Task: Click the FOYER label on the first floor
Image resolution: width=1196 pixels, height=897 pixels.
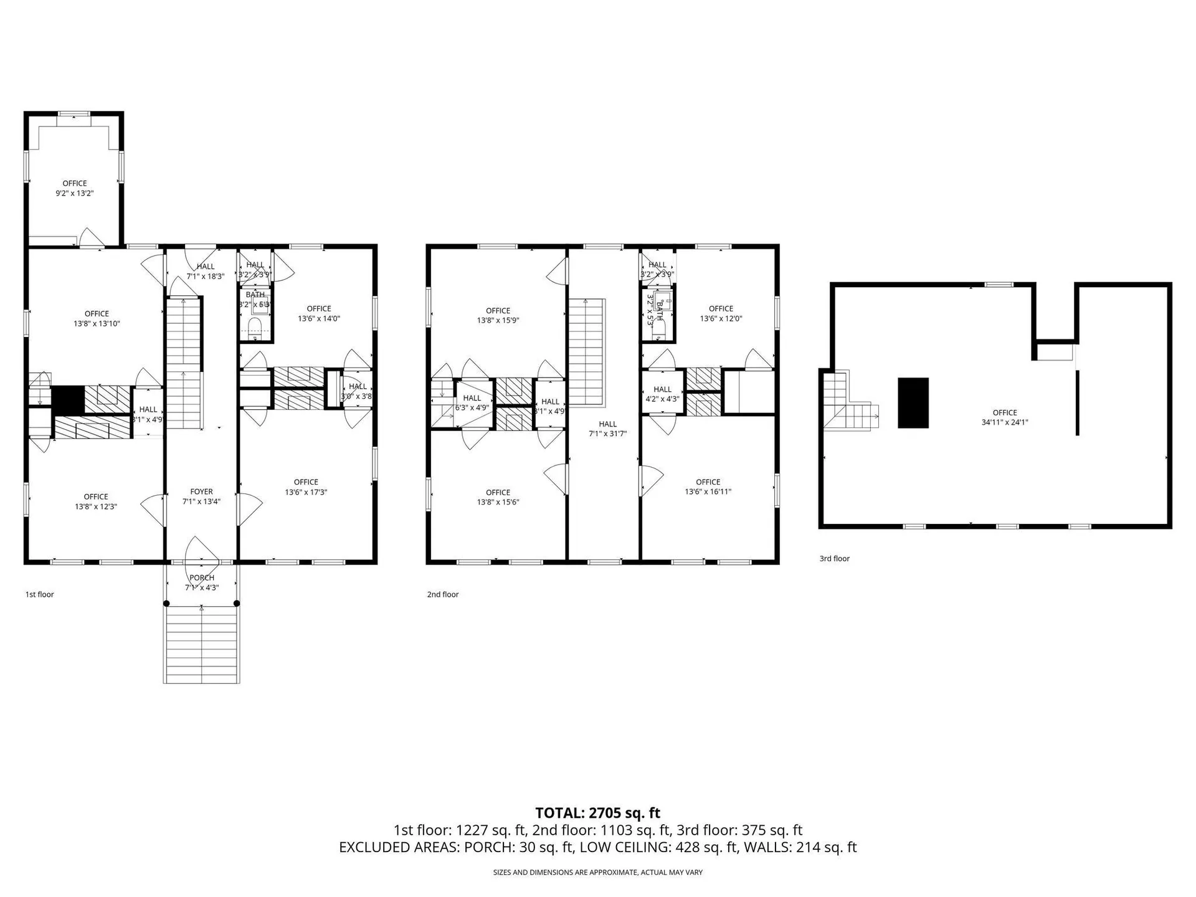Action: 201,491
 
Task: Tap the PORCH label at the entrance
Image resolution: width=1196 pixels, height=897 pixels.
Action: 201,577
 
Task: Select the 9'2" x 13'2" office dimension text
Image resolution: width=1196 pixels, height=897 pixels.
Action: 74,193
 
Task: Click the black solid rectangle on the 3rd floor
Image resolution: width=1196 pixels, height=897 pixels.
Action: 913,402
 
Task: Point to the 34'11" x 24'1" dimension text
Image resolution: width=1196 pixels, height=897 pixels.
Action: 1004,422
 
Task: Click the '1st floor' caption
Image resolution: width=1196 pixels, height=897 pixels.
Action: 39,594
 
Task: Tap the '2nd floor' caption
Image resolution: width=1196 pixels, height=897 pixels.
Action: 442,594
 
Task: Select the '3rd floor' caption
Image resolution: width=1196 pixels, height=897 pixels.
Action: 834,559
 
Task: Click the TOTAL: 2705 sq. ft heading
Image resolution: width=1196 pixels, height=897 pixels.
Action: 597,812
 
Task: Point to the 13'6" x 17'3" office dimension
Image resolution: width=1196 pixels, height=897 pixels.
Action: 306,492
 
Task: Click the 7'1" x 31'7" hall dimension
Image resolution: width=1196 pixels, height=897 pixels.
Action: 607,434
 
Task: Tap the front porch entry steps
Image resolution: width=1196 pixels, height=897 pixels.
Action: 201,644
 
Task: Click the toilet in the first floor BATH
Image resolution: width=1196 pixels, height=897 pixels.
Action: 255,326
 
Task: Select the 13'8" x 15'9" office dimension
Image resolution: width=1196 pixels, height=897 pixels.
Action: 498,321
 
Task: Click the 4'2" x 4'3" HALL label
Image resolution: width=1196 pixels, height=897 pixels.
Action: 662,394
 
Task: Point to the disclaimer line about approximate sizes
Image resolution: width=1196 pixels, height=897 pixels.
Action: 597,872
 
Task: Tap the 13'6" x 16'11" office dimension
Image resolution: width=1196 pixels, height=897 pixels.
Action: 708,491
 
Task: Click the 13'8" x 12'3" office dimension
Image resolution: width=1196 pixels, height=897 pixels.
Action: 96,506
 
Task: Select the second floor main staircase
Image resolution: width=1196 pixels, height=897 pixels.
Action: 586,352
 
